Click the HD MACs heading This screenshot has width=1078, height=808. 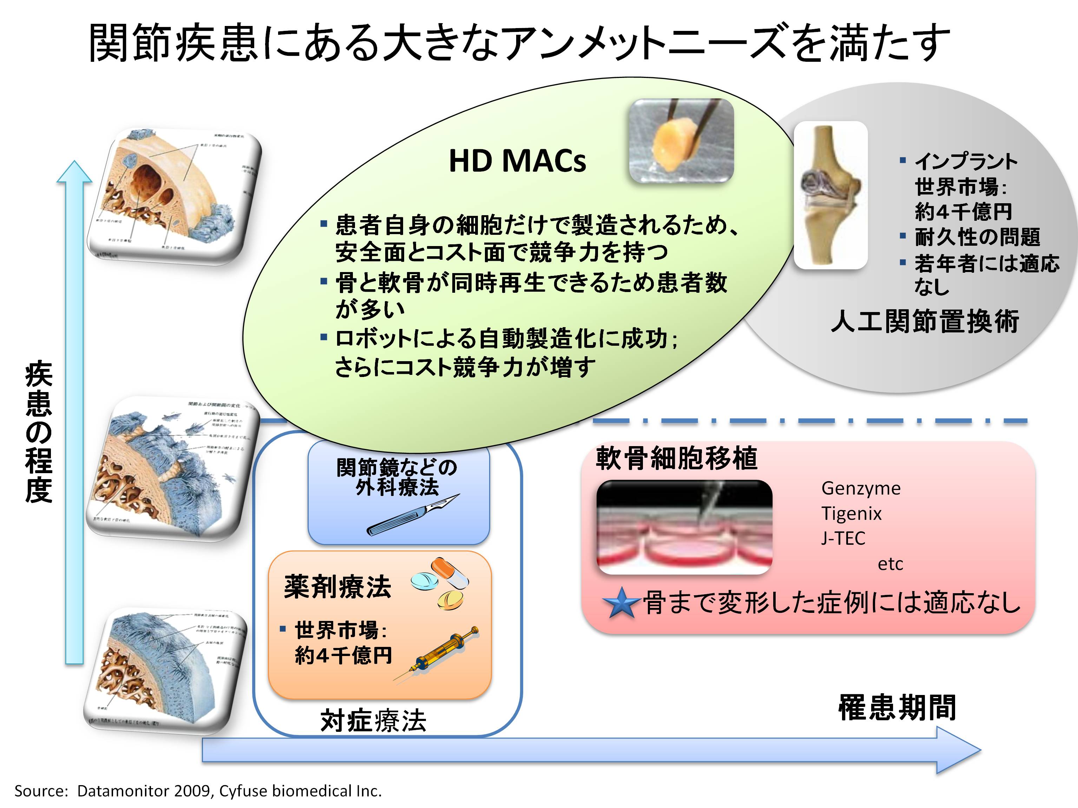click(x=517, y=161)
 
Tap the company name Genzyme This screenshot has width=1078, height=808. click(x=861, y=488)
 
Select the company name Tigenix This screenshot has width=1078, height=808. click(x=852, y=514)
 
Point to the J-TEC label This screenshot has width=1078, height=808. click(x=843, y=538)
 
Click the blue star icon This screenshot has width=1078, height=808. click(x=620, y=603)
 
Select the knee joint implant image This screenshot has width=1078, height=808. click(x=830, y=195)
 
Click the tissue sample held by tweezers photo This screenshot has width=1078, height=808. click(x=681, y=141)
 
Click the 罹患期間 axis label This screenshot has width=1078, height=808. click(x=897, y=707)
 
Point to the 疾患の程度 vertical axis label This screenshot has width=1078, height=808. click(x=39, y=431)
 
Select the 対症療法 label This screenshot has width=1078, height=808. click(x=373, y=721)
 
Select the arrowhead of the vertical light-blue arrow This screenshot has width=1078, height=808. click(x=74, y=173)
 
